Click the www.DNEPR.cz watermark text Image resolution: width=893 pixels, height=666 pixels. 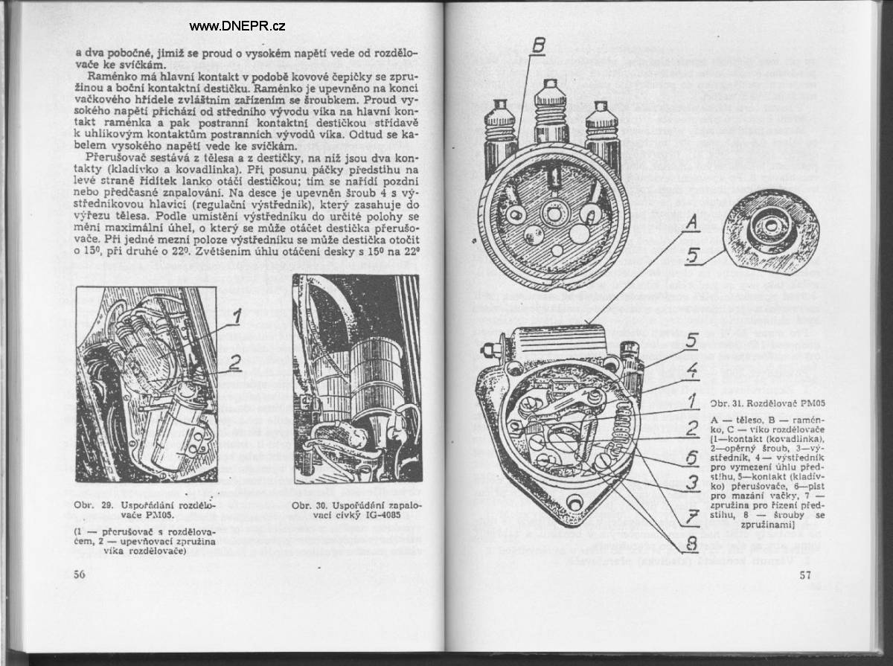(x=237, y=26)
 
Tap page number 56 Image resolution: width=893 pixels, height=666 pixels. (x=80, y=574)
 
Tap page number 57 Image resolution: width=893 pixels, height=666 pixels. (x=805, y=574)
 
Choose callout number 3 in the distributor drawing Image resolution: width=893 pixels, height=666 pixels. (x=691, y=483)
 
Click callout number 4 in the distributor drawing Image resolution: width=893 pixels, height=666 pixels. (x=691, y=368)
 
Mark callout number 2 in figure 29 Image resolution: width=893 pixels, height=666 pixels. (x=235, y=362)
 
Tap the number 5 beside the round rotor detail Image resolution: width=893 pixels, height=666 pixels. (x=691, y=256)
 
